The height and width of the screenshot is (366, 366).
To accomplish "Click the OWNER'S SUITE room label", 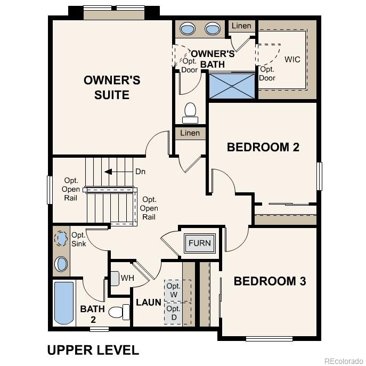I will [112, 88].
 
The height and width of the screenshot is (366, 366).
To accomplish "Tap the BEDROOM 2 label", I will [263, 147].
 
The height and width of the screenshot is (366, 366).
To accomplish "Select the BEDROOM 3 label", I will [270, 281].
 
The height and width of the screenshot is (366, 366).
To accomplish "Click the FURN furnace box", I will [200, 243].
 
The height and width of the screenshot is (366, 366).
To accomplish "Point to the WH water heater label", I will [127, 278].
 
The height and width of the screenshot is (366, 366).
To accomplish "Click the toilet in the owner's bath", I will [190, 111].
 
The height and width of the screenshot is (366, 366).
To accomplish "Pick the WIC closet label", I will [292, 59].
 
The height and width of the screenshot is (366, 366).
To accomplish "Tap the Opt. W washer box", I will [174, 290].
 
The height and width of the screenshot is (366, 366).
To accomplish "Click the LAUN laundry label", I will [148, 302].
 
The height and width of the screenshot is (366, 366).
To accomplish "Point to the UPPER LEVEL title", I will [93, 350].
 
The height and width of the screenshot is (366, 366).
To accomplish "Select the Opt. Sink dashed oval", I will [62, 238].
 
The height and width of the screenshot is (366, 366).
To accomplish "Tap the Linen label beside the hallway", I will [190, 133].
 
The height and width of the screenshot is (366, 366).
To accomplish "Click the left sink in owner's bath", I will [188, 28].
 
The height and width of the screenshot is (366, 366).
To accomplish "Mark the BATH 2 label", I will [88, 313].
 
